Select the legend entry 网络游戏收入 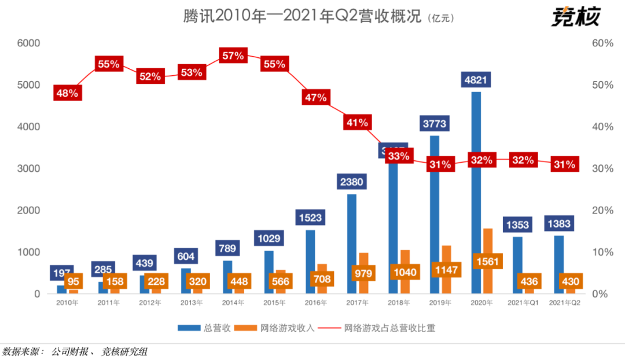point(279,328)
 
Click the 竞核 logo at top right point(575,17)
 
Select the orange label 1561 point(488,260)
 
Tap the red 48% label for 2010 point(66,93)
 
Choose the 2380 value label point(352,182)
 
